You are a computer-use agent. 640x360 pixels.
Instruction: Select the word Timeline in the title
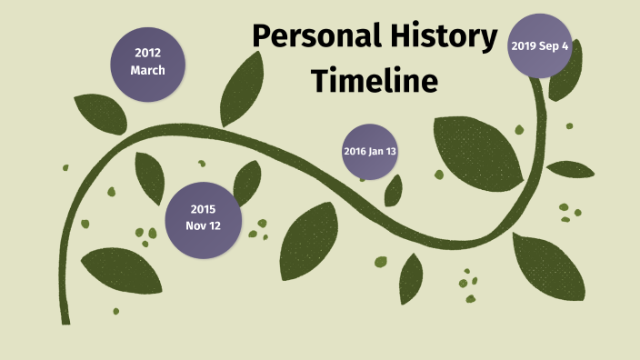[x=375, y=81]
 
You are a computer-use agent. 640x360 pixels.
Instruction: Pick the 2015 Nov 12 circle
[x=203, y=218]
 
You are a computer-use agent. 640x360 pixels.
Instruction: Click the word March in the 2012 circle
[x=147, y=70]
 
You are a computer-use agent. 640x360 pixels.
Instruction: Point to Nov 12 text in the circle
[x=203, y=226]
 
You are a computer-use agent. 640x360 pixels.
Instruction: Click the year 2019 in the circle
[x=526, y=45]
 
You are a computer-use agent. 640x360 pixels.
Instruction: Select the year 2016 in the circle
[x=355, y=151]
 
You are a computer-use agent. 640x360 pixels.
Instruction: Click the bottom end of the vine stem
[x=65, y=319]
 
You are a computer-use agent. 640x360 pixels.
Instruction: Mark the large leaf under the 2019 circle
[x=477, y=150]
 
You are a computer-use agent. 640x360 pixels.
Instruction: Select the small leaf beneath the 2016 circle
[x=394, y=190]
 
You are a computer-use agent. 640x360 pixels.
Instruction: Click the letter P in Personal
[x=263, y=38]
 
